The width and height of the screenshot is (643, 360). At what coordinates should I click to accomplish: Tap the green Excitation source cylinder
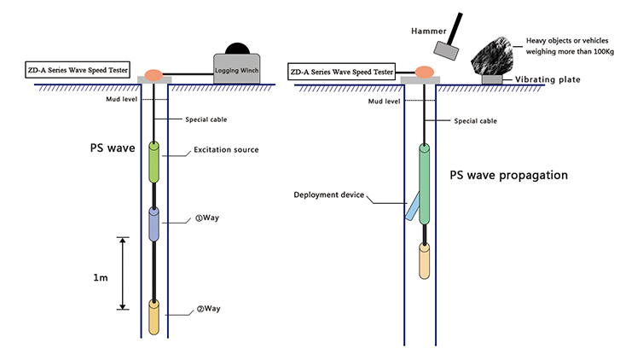[x=154, y=162]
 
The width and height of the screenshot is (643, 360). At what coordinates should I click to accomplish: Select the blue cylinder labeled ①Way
[x=154, y=224]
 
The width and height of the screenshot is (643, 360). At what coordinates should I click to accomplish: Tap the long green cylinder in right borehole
[x=425, y=183]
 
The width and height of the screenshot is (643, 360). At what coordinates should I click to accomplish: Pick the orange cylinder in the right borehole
[x=425, y=262]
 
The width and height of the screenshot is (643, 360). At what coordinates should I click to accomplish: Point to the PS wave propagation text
[x=509, y=176]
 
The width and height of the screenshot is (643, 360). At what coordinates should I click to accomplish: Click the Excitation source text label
[x=225, y=150]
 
